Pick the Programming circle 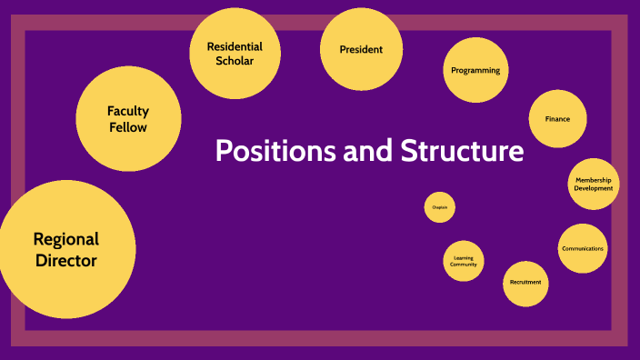pos(475,71)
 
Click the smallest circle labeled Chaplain pos(440,208)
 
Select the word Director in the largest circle pos(65,260)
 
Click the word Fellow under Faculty pos(128,127)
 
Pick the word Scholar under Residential pos(235,61)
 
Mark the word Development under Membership pos(593,188)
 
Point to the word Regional pos(65,239)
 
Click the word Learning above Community pos(464,258)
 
